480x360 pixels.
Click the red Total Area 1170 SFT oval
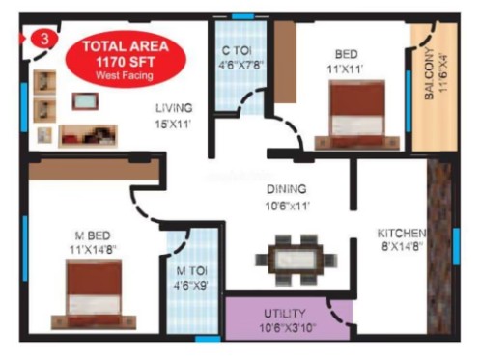point(126,59)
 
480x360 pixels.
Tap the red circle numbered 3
point(44,39)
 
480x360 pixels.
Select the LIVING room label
point(174,108)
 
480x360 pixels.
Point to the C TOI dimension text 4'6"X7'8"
point(240,66)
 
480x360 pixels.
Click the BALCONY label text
point(429,73)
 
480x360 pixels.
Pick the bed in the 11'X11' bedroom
point(357,115)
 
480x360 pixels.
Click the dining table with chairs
point(296,260)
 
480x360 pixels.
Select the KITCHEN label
point(402,233)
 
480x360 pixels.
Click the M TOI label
point(191,270)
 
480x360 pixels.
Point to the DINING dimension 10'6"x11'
point(287,206)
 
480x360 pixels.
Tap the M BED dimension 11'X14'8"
point(93,250)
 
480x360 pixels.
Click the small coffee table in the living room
point(85,101)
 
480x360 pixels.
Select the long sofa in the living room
point(88,136)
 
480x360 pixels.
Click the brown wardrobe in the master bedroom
point(94,170)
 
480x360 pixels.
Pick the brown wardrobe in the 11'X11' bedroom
point(285,62)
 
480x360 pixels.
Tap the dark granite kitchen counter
point(439,246)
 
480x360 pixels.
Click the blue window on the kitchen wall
point(456,246)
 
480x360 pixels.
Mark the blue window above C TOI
point(242,16)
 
